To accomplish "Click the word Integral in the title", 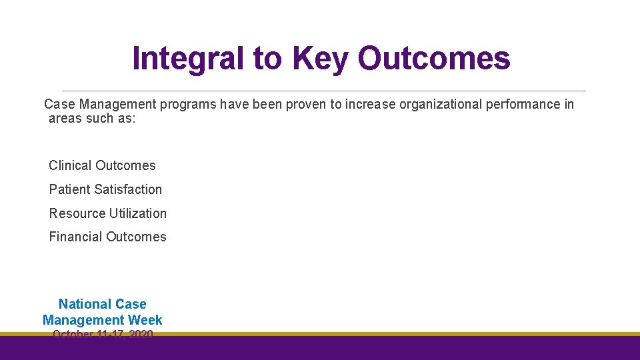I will (x=189, y=59).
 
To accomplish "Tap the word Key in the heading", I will (x=320, y=59).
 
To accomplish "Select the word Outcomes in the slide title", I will (x=434, y=59).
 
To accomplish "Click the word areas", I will (x=65, y=119).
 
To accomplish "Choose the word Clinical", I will (x=71, y=165).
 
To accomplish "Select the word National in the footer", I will (x=85, y=304).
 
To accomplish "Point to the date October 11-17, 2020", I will (x=103, y=333).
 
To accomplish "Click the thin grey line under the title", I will (x=323, y=91).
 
